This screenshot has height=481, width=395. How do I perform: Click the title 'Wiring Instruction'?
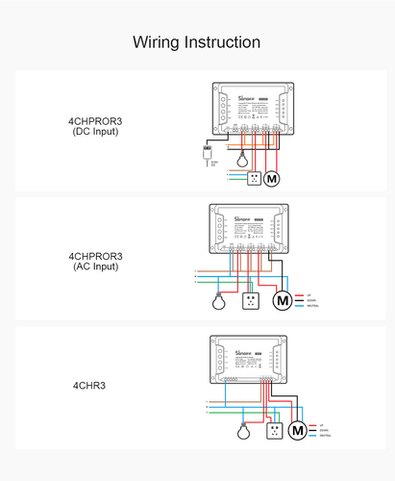[x=196, y=42]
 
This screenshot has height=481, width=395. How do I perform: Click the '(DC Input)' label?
[x=95, y=131]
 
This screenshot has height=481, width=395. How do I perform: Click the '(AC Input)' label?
[x=95, y=266]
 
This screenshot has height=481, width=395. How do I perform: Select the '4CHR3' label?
[x=95, y=385]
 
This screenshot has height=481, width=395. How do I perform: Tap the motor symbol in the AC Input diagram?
[x=283, y=301]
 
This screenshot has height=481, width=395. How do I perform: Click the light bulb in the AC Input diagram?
[x=218, y=300]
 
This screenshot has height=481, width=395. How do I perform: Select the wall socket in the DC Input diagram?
[x=253, y=178]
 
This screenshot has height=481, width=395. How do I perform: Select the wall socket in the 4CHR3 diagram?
[x=274, y=430]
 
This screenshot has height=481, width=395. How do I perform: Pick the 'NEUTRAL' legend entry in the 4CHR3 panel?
[x=328, y=436]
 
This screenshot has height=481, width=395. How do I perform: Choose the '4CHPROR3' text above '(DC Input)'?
[x=95, y=120]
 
